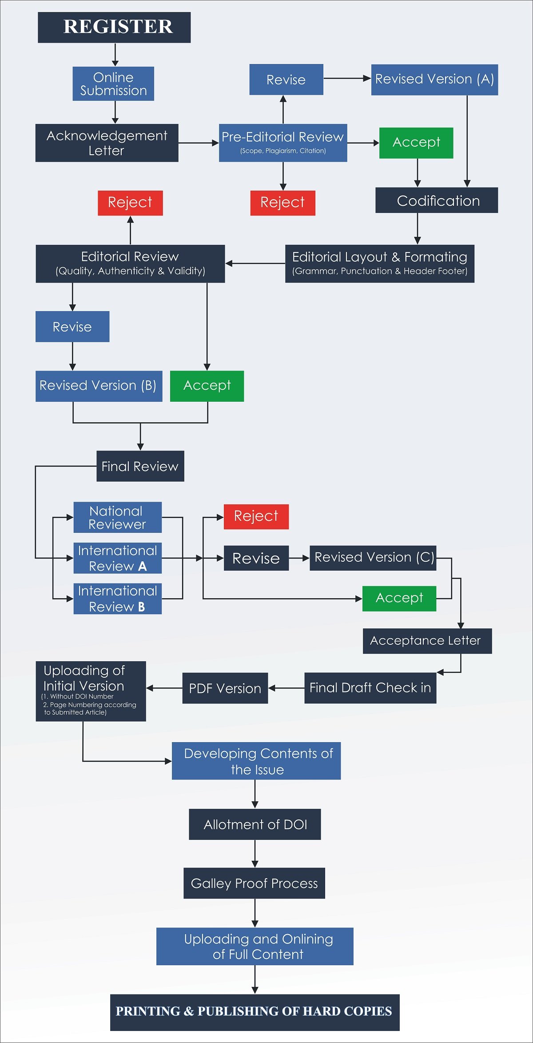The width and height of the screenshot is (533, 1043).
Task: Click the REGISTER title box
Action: (x=114, y=28)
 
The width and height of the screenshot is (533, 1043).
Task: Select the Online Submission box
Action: (x=113, y=84)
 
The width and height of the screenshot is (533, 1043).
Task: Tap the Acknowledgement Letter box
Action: (x=107, y=143)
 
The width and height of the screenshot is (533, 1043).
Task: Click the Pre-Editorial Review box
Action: (x=283, y=143)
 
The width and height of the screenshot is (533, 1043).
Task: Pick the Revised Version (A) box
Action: (x=434, y=80)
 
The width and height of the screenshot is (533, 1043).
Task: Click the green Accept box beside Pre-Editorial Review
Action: (x=416, y=143)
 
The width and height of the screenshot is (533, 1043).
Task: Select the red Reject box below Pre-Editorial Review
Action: (x=282, y=203)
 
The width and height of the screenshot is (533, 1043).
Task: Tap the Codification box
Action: (x=436, y=200)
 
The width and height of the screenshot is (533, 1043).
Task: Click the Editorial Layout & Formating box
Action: (x=379, y=264)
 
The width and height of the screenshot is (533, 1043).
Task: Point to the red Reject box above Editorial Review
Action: (x=130, y=203)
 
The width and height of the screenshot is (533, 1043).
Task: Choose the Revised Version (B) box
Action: (x=99, y=386)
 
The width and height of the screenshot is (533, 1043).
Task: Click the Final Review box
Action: (x=140, y=466)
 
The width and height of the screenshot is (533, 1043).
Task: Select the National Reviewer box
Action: (x=117, y=517)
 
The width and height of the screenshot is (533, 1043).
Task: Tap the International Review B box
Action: (x=117, y=599)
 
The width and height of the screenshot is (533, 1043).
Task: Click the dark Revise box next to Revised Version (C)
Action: (x=256, y=558)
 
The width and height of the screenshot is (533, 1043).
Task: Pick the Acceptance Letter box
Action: (x=427, y=641)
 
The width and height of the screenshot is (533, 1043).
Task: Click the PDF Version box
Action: (x=225, y=688)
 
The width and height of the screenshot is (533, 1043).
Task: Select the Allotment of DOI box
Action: (x=255, y=824)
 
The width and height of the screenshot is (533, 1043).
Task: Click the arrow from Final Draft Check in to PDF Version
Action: (x=286, y=688)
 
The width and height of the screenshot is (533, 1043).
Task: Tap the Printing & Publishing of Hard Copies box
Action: (x=255, y=1012)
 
